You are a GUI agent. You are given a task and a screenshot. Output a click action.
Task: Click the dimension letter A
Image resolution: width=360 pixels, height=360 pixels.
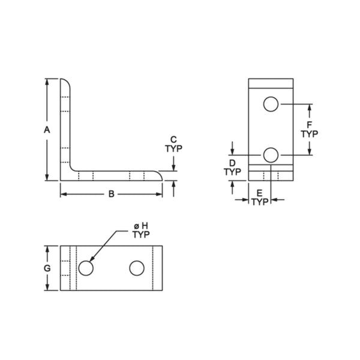pyautogui.click(x=46, y=129)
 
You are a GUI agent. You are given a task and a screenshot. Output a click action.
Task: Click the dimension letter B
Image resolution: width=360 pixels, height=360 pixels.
pyautogui.click(x=111, y=194)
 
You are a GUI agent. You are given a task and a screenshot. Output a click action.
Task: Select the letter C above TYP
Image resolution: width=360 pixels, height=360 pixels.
pyautogui.click(x=173, y=139)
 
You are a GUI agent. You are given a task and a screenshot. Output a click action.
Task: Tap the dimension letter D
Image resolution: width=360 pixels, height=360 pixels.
pyautogui.click(x=232, y=163)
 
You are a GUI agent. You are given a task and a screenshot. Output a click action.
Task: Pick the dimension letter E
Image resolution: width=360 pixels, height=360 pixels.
pyautogui.click(x=259, y=193)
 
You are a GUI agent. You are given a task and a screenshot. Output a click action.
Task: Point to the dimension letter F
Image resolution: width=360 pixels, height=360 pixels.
pyautogui.click(x=309, y=124)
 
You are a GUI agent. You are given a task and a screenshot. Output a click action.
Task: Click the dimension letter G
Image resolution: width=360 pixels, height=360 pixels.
pyautogui.click(x=47, y=268)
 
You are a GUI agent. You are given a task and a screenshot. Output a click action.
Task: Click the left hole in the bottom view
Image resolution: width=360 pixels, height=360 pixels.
pyautogui.click(x=86, y=268)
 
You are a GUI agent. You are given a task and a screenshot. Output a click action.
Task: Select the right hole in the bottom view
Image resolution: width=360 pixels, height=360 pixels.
pyautogui.click(x=137, y=268)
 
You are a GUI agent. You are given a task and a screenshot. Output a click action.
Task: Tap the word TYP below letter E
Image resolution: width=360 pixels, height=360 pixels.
pyautogui.click(x=259, y=202)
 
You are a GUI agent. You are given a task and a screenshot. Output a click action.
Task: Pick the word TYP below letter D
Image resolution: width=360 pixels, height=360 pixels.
pyautogui.click(x=232, y=172)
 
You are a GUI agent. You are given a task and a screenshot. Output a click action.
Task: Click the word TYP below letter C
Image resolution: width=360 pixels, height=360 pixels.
pyautogui.click(x=173, y=148)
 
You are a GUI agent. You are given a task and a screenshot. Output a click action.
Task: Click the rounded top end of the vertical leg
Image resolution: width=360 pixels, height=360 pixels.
pyautogui.click(x=67, y=82)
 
